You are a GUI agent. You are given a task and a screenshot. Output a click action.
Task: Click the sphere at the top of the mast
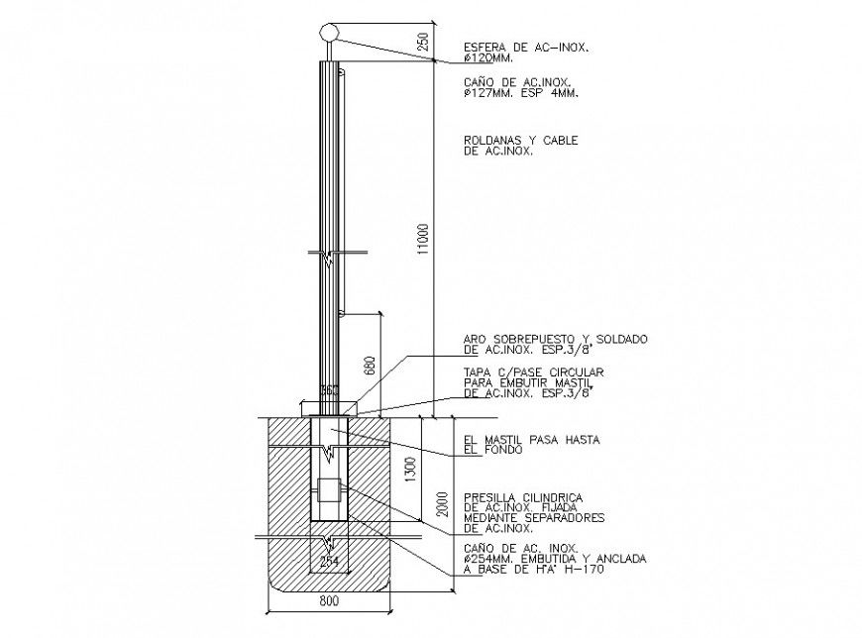pos(331,32)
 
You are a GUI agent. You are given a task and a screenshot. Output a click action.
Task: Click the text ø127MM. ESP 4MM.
pos(521,92)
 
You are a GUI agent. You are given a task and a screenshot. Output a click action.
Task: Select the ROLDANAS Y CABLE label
pos(520,141)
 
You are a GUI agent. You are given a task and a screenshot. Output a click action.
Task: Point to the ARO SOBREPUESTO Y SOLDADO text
pos(555,339)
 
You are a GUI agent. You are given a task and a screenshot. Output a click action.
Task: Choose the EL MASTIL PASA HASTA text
pos(533,439)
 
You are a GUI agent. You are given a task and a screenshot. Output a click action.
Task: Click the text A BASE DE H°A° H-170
pos(534,571)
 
